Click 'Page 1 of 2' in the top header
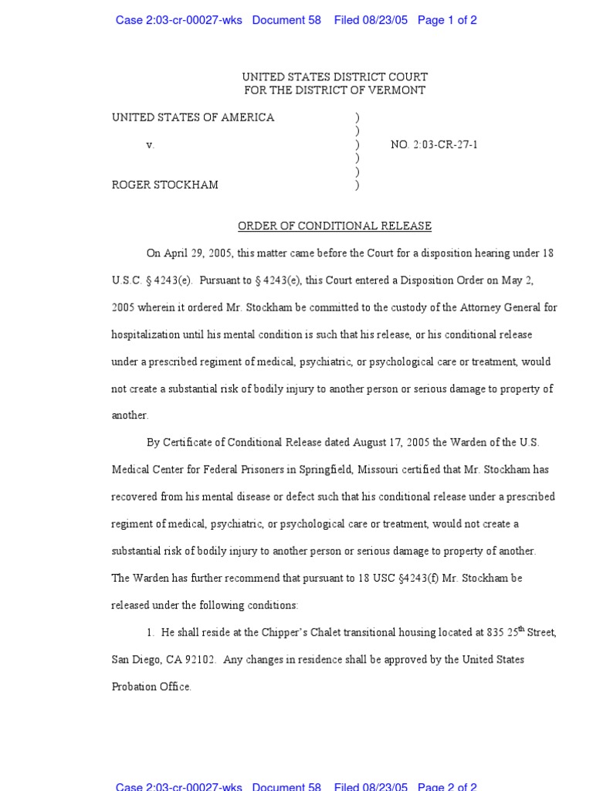click(x=447, y=20)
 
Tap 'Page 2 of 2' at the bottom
click(x=447, y=786)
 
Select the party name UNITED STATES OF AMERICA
click(x=193, y=117)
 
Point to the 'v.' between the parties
click(x=151, y=144)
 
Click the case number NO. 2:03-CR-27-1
click(x=434, y=144)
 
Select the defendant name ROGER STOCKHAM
click(x=165, y=185)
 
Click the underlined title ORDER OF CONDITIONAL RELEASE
click(x=334, y=226)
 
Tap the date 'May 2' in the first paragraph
click(x=537, y=280)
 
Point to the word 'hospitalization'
click(x=146, y=334)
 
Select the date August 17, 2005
click(x=395, y=443)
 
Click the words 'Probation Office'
click(x=151, y=687)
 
